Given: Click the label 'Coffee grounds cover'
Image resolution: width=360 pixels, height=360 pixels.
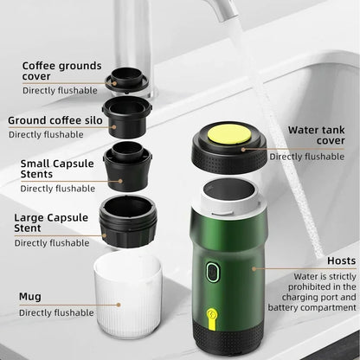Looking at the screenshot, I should click(x=61, y=71).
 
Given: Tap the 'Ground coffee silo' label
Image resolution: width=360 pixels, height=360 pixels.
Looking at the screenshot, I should click(x=52, y=120).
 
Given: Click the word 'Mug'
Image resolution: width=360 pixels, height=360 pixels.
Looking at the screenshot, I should click(x=30, y=296).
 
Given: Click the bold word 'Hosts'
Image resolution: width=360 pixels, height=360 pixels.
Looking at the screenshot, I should click(x=342, y=260).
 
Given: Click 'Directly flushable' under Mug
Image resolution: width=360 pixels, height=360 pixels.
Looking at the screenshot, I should click(x=55, y=312).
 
